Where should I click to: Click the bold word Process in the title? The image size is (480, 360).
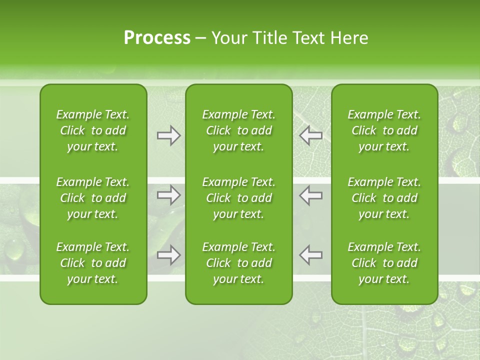(x=157, y=38)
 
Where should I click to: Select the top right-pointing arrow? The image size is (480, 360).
(x=168, y=135)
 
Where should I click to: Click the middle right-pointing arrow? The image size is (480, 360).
(x=168, y=195)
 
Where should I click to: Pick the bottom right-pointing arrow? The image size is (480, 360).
(x=168, y=255)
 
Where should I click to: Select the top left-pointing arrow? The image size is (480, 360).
(x=311, y=135)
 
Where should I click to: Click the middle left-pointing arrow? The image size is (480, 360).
(x=311, y=195)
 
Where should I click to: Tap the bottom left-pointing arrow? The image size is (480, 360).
(x=311, y=255)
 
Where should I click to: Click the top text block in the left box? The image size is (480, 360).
(x=93, y=130)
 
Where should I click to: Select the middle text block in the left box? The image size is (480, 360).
(x=93, y=198)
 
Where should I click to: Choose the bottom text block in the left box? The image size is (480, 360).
(x=93, y=263)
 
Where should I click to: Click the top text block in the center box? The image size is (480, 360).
(x=239, y=130)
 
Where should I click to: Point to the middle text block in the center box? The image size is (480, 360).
(x=239, y=198)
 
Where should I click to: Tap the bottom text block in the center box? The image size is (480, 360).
(x=239, y=263)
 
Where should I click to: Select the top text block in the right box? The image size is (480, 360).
(x=384, y=130)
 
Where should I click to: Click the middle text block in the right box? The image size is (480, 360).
(x=384, y=198)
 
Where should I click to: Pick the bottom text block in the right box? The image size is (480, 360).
(x=384, y=263)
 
